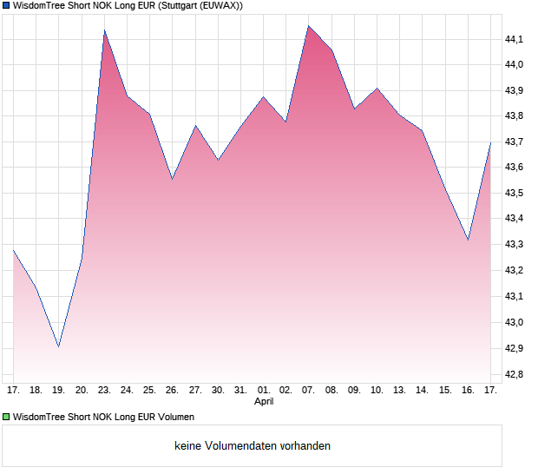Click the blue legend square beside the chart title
click(x=7, y=5)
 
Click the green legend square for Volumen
click(x=7, y=417)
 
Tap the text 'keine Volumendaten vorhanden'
click(x=253, y=445)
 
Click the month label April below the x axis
click(x=264, y=402)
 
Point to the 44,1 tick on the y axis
click(x=515, y=39)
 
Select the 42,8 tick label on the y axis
click(x=515, y=374)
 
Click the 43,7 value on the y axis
click(x=515, y=142)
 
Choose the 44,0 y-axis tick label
click(x=515, y=65)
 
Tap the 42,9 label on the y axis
click(x=515, y=348)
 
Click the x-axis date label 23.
click(x=104, y=391)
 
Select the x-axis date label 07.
click(x=308, y=391)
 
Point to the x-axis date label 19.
click(x=59, y=391)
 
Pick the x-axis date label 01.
click(x=264, y=391)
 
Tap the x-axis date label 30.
click(x=218, y=391)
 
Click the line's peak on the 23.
click(x=104, y=30)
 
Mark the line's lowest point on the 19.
click(x=59, y=346)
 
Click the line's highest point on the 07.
click(x=308, y=25)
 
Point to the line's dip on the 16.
click(x=468, y=240)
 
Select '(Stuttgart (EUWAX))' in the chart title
click(x=200, y=5)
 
